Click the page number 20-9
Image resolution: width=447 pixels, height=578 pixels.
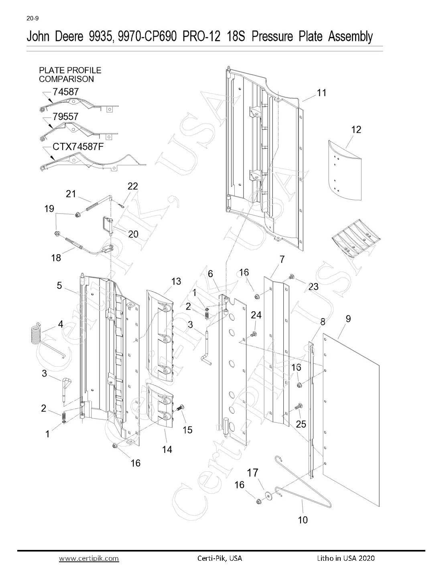point(33,18)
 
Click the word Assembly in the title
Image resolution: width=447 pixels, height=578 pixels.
point(350,37)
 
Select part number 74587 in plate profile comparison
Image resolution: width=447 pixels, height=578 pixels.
point(66,92)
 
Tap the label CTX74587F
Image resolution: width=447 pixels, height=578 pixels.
point(78,146)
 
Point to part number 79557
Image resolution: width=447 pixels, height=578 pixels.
point(65,116)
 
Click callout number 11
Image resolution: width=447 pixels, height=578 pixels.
point(321,93)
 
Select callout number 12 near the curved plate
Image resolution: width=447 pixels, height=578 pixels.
point(356,130)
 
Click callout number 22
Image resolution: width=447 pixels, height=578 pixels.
point(133,186)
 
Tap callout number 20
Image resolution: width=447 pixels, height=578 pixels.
point(133,234)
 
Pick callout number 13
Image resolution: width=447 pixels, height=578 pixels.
point(176,281)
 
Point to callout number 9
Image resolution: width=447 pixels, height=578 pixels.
point(348,318)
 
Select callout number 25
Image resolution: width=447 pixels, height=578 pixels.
point(301,424)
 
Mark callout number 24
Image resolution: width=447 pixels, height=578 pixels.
point(256,315)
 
